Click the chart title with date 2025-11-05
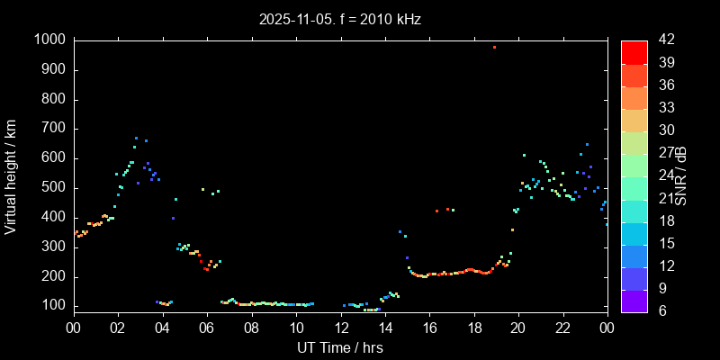coord(340,19)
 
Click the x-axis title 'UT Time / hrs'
coord(340,347)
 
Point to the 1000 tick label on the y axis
coord(49,40)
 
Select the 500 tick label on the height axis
coord(53,188)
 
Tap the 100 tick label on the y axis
coord(53,306)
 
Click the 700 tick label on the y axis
coord(53,129)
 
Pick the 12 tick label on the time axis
coord(340,327)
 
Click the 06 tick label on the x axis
coord(207,327)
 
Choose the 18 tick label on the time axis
coord(474,327)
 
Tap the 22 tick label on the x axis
coord(563,327)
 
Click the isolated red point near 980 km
coord(494,47)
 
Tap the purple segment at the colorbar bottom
coord(634,301)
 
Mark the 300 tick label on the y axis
coord(53,247)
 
